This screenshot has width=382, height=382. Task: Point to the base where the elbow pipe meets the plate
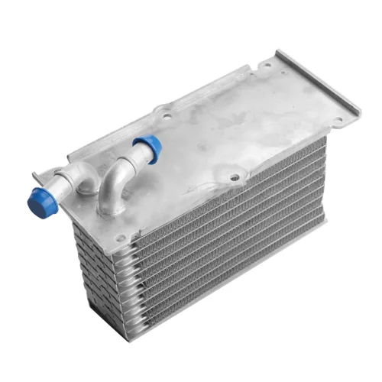click(112, 200)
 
